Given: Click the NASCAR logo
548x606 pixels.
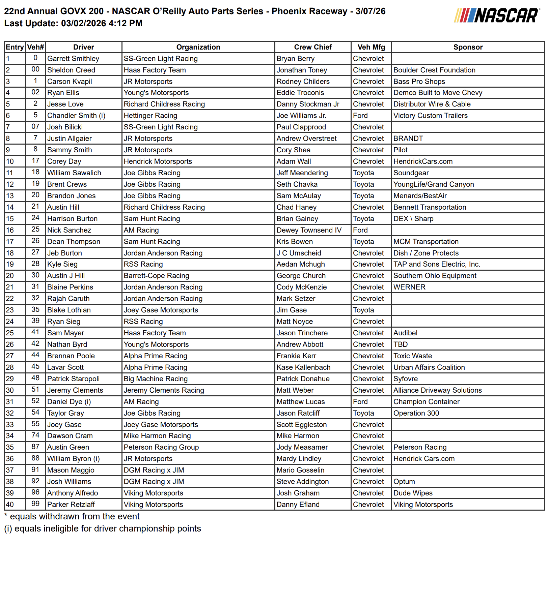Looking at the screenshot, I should (496, 16).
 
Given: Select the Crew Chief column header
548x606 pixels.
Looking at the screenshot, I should (313, 47).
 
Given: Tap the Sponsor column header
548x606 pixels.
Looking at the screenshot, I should (468, 47).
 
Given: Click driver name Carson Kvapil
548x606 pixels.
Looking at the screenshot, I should (70, 82).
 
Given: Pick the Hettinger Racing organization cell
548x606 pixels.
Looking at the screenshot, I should (150, 116).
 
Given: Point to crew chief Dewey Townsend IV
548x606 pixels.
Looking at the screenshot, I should (309, 230).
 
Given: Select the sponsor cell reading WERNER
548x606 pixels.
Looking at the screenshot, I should (409, 287).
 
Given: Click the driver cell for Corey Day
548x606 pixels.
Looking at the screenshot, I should (64, 161).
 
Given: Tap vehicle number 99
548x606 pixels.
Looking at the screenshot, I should (35, 504).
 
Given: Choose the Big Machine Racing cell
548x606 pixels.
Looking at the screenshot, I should (156, 379).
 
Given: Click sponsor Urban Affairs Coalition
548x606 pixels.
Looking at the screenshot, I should (429, 367).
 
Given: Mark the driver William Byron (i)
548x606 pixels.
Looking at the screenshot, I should (73, 459).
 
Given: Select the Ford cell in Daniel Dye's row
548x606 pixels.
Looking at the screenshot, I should (360, 402).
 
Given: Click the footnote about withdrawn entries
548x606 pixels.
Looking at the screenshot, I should (72, 517).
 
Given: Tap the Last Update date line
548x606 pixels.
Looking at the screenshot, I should (73, 23).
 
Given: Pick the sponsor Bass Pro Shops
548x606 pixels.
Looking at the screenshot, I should (419, 82).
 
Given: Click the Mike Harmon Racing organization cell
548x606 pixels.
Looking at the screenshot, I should (157, 436).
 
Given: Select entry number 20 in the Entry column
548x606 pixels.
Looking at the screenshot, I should (10, 276).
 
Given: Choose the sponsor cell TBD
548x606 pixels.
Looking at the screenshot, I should (401, 344).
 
